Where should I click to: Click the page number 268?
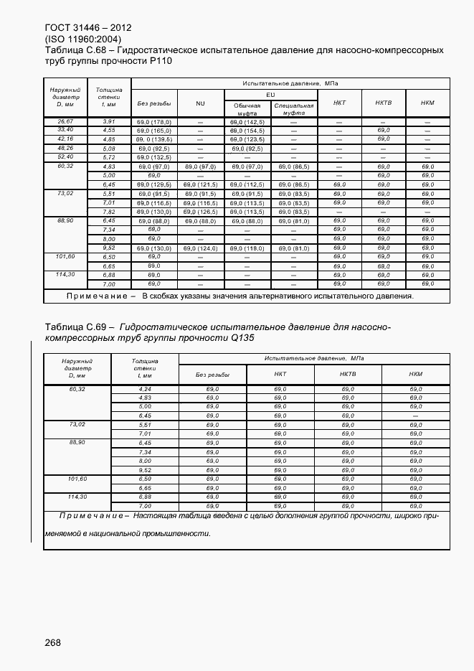click(52, 642)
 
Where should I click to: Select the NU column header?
click(200, 103)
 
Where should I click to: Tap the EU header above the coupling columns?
click(270, 94)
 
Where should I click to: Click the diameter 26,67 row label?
click(65, 122)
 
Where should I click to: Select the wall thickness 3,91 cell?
click(109, 122)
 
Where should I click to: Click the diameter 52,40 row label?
click(65, 156)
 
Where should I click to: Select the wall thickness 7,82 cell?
click(109, 212)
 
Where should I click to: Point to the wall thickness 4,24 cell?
click(145, 388)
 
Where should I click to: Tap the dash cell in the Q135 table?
click(415, 416)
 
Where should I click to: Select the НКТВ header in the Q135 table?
click(348, 374)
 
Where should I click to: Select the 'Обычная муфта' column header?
click(246, 109)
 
